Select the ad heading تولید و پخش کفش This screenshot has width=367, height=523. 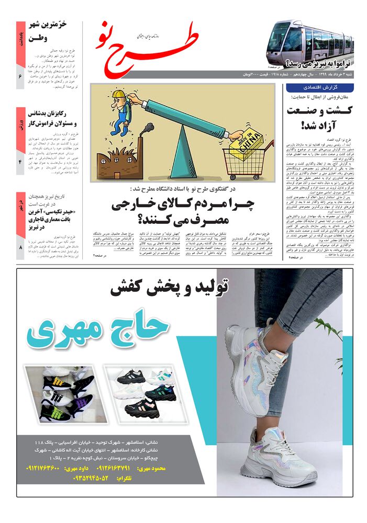click(x=170, y=287)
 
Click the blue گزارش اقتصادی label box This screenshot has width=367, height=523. click(x=319, y=87)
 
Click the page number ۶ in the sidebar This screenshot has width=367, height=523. click(x=20, y=77)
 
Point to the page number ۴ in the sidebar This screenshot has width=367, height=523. click(x=20, y=163)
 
